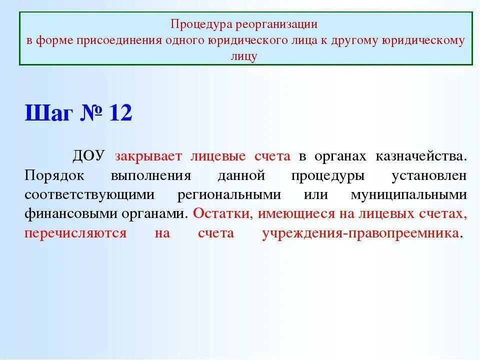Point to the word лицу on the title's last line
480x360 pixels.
pos(244,56)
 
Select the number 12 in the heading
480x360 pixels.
pos(120,113)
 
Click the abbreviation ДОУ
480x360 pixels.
pos(88,156)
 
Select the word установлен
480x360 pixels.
pos(429,175)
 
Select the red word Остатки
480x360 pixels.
pos(223,214)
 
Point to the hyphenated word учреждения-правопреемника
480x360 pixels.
pos(360,233)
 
